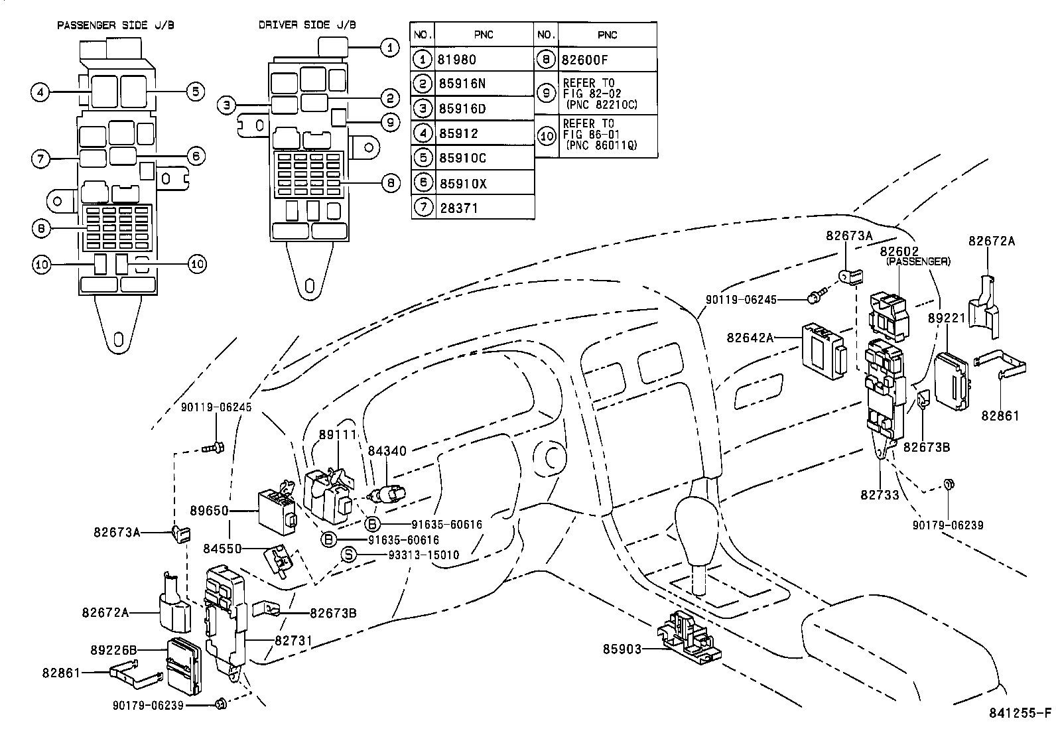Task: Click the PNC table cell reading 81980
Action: pyautogui.click(x=484, y=60)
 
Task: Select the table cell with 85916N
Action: pyautogui.click(x=484, y=84)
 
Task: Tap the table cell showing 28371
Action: pyautogui.click(x=484, y=208)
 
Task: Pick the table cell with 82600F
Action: pyautogui.click(x=606, y=60)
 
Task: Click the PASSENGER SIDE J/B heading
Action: pyautogui.click(x=116, y=25)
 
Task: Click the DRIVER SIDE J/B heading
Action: pyautogui.click(x=307, y=25)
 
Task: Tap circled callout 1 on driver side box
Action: pyautogui.click(x=390, y=47)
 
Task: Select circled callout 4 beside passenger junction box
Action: pyautogui.click(x=40, y=92)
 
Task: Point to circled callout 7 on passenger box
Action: pyautogui.click(x=40, y=159)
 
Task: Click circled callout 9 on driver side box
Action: pyautogui.click(x=390, y=122)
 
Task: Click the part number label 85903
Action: pyautogui.click(x=622, y=649)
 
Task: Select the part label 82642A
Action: pyautogui.click(x=750, y=338)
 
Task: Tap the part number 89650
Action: pyautogui.click(x=209, y=511)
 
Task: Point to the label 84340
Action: pyautogui.click(x=388, y=452)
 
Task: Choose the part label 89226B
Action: pyautogui.click(x=113, y=649)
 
